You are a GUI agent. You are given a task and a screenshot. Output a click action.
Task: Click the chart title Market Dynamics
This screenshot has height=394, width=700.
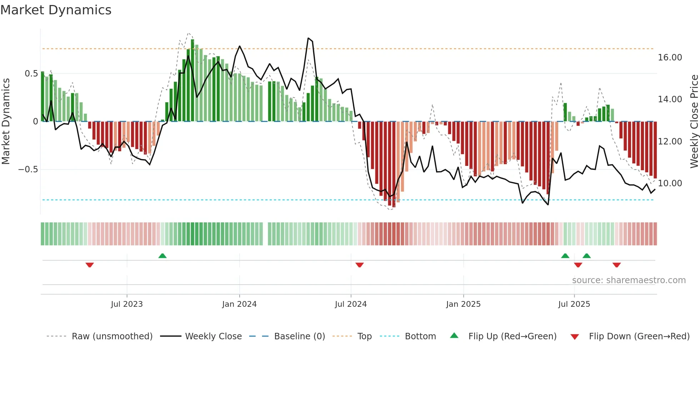pos(56,10)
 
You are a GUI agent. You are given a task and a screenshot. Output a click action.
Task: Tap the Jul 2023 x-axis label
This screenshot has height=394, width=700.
pos(127,304)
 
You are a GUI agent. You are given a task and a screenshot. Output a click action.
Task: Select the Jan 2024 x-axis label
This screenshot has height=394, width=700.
pos(239,304)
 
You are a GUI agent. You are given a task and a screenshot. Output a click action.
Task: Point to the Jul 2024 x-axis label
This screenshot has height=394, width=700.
pos(351,304)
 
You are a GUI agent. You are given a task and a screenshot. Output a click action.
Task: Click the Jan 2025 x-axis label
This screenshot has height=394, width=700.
pos(463,304)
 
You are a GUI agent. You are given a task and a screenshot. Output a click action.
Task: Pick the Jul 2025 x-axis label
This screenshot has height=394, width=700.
pos(574,304)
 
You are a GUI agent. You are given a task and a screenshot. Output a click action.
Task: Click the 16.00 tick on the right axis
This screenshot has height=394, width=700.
pos(670,58)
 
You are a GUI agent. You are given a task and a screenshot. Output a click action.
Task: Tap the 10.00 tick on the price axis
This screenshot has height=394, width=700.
pos(670,183)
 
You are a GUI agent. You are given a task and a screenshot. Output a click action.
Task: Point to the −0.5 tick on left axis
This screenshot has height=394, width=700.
pos(28,169)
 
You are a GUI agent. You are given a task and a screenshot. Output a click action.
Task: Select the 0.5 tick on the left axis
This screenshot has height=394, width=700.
pos(31,74)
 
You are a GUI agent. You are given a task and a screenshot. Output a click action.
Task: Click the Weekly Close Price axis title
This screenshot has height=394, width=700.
pos(694,122)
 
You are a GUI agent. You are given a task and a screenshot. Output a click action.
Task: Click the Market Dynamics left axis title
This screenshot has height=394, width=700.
pos(6,122)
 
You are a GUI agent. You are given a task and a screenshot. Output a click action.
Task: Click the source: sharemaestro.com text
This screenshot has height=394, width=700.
pos(629,280)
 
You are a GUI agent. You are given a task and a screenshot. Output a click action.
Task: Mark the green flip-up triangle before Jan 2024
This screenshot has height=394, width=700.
pos(162,256)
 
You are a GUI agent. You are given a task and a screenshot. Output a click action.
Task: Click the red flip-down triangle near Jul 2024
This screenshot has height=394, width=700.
pos(360,265)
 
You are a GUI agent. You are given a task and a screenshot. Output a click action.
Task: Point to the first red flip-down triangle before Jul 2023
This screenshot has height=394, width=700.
pos(90,265)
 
